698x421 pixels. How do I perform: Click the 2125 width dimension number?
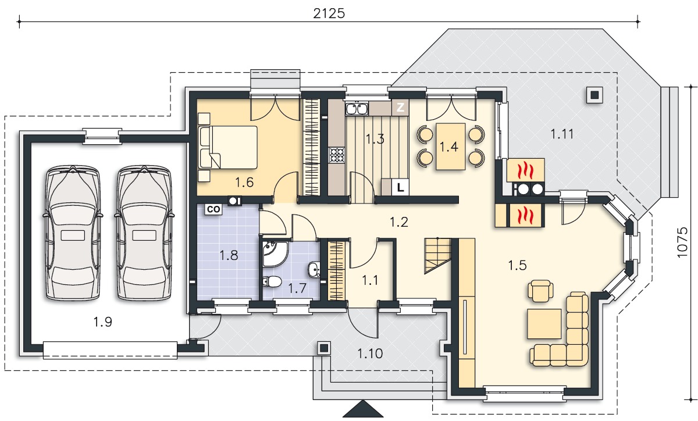coord(329,14)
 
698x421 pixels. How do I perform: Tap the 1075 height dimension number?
coord(682,242)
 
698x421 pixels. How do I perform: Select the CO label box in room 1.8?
coord(213,209)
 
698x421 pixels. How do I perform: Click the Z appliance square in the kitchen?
coord(400,108)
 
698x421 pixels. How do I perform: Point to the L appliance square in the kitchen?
coord(400,187)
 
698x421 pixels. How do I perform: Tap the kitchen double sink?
coord(357,109)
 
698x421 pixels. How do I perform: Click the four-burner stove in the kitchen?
coord(337,155)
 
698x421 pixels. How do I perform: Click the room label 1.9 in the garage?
coord(103,322)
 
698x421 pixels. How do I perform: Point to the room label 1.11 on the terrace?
coord(562,134)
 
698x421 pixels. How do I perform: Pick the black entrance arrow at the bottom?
coord(363,409)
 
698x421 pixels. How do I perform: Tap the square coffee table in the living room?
coord(544,324)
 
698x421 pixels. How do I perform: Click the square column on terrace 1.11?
coord(594,95)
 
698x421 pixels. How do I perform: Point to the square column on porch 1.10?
coord(324,348)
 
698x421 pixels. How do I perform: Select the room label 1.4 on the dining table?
coord(448,147)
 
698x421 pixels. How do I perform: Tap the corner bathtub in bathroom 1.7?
coord(274,254)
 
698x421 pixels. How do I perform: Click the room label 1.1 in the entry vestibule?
coord(370,280)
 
